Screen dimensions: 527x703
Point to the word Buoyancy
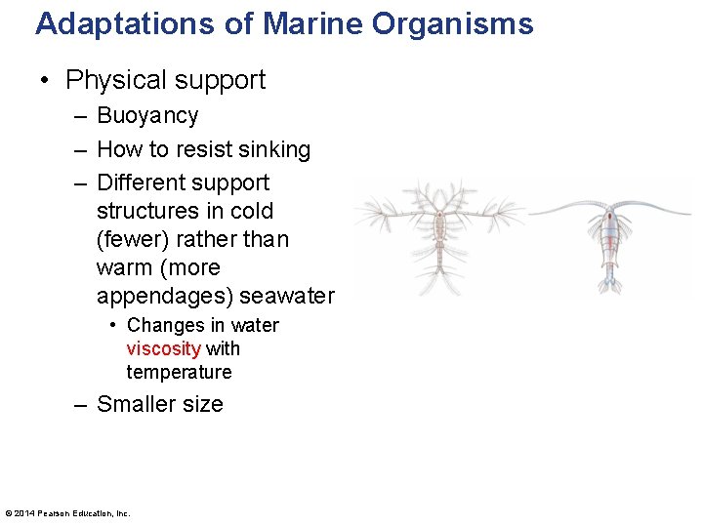(147, 116)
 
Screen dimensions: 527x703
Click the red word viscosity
(163, 348)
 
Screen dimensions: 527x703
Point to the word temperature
(179, 372)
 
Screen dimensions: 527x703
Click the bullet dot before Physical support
(45, 81)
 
